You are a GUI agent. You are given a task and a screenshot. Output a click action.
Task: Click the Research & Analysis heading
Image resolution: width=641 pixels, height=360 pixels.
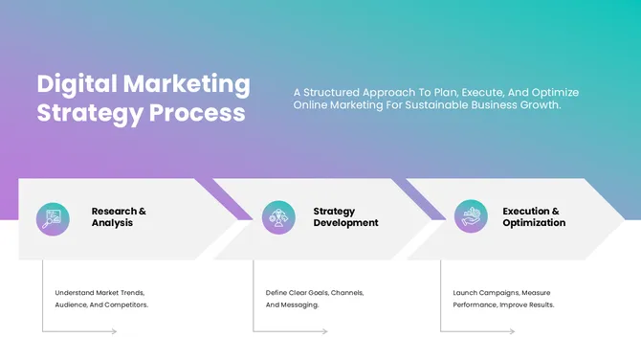[x=119, y=216]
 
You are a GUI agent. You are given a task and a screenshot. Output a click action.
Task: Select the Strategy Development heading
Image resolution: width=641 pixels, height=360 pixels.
[x=345, y=216]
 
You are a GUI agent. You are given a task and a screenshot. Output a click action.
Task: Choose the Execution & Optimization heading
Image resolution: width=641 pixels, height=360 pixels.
[x=534, y=216]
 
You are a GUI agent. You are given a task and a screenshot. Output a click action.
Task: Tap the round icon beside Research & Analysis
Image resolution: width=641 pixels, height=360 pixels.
[x=53, y=217]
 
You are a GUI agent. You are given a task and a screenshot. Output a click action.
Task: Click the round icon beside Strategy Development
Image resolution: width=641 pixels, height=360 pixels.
[x=278, y=217]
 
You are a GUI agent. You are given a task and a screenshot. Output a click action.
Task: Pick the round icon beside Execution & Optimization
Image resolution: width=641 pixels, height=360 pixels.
[x=470, y=217]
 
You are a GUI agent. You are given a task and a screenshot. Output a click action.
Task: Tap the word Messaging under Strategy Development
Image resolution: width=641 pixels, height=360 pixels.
[x=298, y=304]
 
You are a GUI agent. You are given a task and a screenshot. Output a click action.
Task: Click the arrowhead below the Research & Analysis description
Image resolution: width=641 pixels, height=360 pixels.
[x=114, y=332]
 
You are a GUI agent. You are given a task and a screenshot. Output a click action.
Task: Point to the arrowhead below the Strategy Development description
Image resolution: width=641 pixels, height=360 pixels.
[x=325, y=332]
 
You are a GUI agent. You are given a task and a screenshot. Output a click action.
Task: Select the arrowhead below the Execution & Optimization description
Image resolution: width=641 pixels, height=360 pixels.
[x=512, y=332]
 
